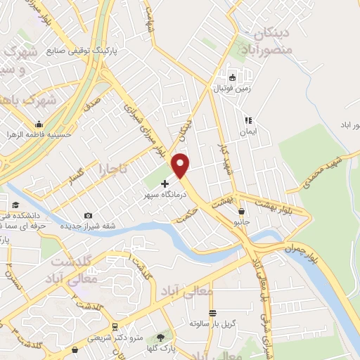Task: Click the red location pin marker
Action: [181, 166]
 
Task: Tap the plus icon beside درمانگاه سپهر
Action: [165, 184]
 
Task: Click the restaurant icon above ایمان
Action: [247, 120]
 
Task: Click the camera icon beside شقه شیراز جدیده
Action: [88, 216]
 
